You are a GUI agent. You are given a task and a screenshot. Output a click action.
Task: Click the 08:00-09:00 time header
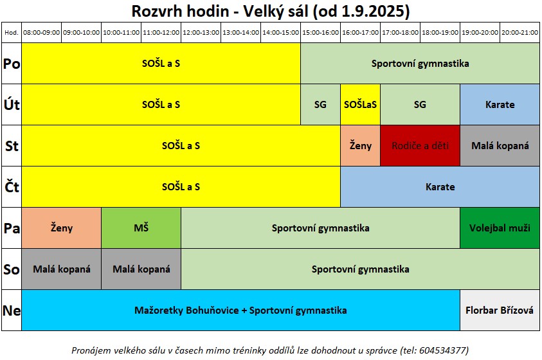(42, 33)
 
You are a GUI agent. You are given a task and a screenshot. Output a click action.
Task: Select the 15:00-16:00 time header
(320, 33)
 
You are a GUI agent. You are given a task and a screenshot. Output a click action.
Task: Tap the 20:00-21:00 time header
(519, 33)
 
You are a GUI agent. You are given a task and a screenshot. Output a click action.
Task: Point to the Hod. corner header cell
(12, 33)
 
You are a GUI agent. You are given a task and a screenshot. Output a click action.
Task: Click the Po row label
(12, 64)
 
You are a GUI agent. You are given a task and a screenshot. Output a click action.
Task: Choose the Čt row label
(12, 187)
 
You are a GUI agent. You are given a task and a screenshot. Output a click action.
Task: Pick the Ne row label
(12, 310)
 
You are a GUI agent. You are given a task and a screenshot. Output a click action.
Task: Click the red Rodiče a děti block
(420, 146)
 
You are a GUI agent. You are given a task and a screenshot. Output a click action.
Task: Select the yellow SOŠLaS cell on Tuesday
(360, 105)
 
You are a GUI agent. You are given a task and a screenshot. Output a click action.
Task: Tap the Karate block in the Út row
(500, 105)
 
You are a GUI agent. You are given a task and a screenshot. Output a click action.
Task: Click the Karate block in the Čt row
(440, 187)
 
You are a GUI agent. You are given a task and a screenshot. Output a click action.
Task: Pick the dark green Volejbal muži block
(500, 228)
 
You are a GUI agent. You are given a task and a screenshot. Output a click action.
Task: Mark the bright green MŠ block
(141, 228)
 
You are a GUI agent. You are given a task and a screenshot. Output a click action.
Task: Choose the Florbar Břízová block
(500, 310)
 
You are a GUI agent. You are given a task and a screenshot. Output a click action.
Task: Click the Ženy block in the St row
(360, 146)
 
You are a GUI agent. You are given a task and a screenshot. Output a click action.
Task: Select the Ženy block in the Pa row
(62, 228)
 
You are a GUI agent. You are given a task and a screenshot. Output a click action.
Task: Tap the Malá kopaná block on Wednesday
(500, 146)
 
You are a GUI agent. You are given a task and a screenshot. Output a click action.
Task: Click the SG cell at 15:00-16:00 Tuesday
(320, 105)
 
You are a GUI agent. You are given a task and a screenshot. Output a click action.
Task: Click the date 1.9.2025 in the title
(374, 11)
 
